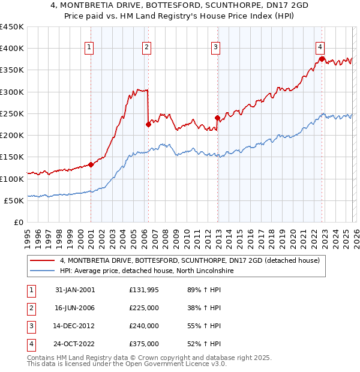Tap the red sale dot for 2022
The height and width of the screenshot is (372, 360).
[x=322, y=59]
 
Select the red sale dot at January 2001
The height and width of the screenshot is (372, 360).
[x=91, y=164]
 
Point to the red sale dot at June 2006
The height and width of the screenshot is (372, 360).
[x=148, y=125]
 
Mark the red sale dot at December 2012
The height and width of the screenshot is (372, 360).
[x=217, y=118]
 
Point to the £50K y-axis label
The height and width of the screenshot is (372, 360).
[x=14, y=200]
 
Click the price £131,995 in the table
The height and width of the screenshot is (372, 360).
[x=143, y=289]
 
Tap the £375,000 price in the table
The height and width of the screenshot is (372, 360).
[x=143, y=344]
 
